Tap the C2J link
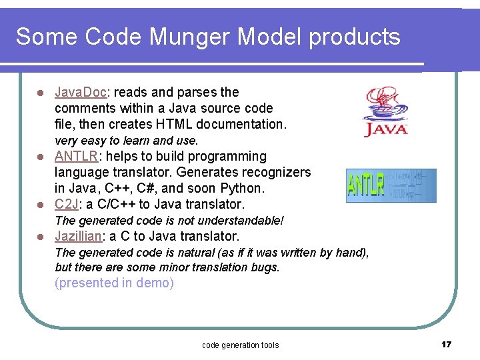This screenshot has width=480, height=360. (x=66, y=204)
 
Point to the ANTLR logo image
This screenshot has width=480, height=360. (x=391, y=185)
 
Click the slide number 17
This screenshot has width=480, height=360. (x=446, y=344)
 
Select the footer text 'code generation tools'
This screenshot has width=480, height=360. (x=240, y=345)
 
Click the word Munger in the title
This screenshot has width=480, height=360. (x=177, y=37)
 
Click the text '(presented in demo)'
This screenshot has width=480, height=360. (x=114, y=283)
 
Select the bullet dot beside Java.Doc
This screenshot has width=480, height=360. (x=40, y=93)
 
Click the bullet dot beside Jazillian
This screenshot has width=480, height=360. (x=40, y=237)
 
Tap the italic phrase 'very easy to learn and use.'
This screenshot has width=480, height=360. (x=126, y=141)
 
